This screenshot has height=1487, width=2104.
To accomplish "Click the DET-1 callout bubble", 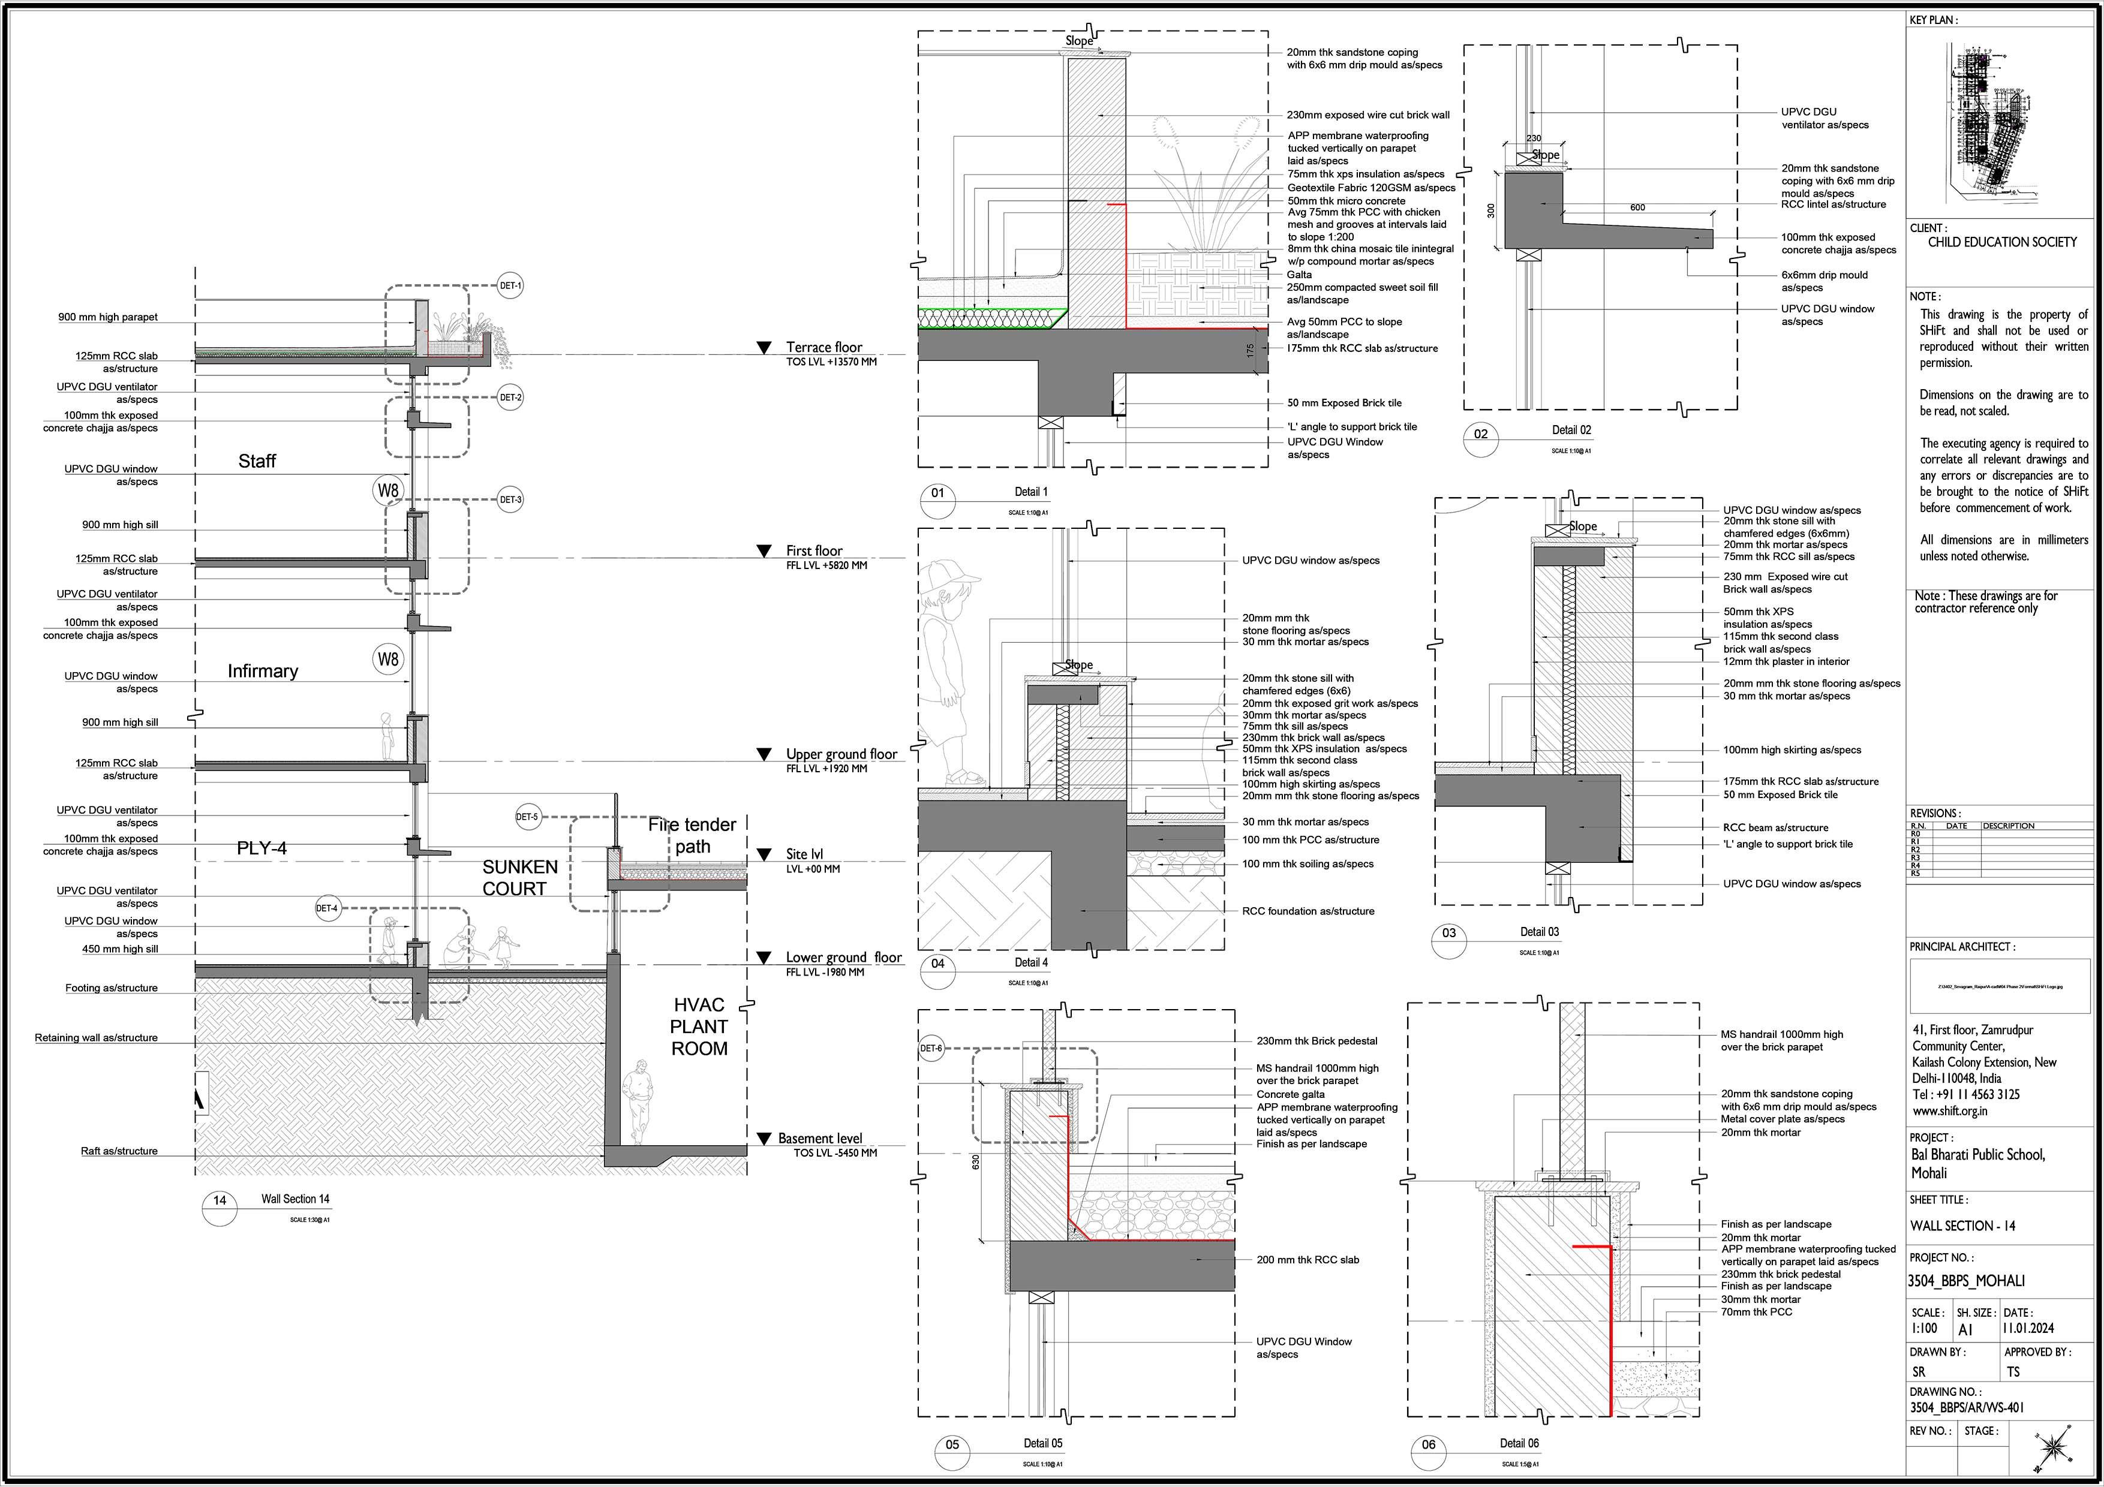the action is [510, 286].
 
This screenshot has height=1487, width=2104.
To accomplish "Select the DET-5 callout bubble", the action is [527, 816].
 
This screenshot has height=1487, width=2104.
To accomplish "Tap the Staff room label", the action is [257, 461].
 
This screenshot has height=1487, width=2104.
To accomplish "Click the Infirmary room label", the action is [263, 671].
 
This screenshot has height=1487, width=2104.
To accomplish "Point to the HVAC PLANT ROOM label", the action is [699, 1026].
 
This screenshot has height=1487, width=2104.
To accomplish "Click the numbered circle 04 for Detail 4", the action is [937, 964].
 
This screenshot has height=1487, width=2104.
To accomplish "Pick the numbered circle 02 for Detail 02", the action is [1481, 434].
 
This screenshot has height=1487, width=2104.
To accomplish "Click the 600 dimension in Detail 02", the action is [1637, 208].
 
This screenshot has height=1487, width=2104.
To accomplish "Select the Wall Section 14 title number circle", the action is [220, 1201].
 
